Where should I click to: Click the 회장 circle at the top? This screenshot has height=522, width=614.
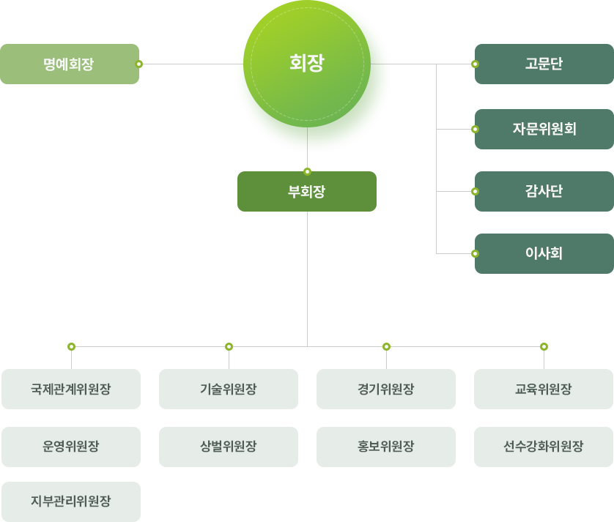click(x=307, y=64)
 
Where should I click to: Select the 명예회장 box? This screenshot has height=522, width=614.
click(x=69, y=64)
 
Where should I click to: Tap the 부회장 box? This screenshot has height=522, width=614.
click(x=307, y=192)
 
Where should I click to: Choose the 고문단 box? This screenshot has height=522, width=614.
click(x=544, y=64)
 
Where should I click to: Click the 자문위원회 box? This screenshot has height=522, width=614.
click(x=544, y=129)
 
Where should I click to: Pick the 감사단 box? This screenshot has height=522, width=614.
click(x=544, y=191)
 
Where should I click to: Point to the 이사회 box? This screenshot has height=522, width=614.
click(x=544, y=253)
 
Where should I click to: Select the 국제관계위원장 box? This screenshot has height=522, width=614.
click(x=71, y=389)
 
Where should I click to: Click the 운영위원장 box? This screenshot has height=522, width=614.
click(x=71, y=447)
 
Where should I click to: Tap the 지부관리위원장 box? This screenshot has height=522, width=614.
click(x=71, y=502)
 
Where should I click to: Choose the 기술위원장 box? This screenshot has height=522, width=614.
click(x=229, y=389)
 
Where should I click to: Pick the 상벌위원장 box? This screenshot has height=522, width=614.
click(x=229, y=447)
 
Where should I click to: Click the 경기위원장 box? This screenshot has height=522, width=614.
click(x=386, y=389)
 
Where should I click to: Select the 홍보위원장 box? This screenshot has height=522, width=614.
click(x=386, y=447)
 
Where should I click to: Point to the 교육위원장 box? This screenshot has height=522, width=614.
click(x=544, y=389)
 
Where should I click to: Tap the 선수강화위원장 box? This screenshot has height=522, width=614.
click(x=544, y=447)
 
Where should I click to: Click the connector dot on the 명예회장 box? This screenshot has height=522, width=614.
click(x=139, y=64)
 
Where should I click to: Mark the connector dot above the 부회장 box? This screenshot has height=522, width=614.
click(x=307, y=171)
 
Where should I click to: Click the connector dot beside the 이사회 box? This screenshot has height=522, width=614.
click(x=475, y=253)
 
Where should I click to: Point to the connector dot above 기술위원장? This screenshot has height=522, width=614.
click(x=229, y=346)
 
